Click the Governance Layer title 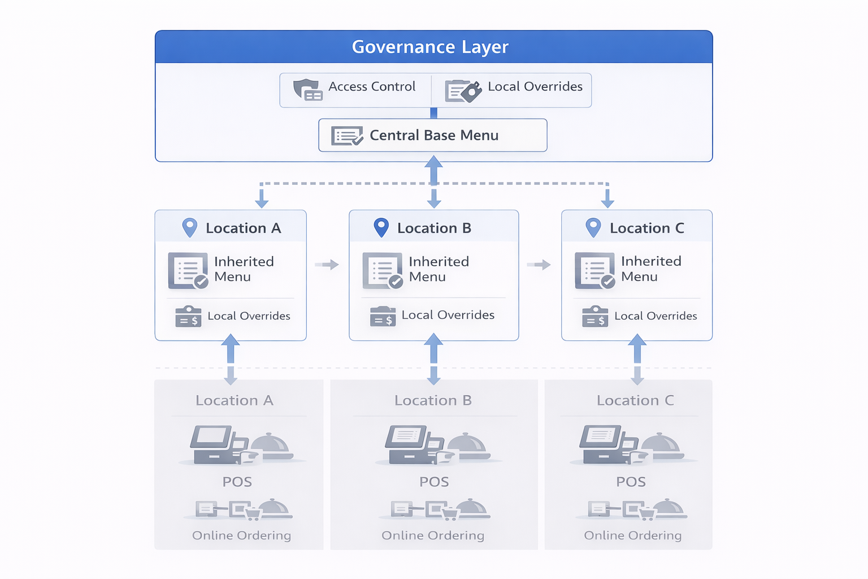429,47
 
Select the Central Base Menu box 433,135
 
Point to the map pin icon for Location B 381,227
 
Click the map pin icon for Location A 190,227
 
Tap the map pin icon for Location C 593,227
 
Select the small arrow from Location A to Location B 327,265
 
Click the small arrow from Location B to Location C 539,265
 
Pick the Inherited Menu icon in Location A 188,271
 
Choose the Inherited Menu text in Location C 651,269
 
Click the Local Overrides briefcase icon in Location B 383,317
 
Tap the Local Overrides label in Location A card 249,316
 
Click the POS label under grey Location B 434,482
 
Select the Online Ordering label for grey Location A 241,535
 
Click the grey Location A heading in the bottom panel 235,400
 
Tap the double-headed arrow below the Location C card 637,360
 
